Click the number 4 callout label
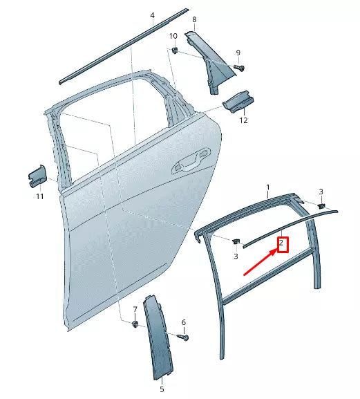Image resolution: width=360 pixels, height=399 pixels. coord(153,15)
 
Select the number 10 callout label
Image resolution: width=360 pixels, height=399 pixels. coord(173,36)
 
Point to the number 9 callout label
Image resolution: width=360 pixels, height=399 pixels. coord(238,53)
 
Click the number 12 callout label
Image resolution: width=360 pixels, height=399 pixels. coord(243,121)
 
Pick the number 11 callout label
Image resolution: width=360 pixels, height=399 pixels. coord(39,197)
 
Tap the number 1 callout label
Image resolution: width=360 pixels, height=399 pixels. coord(269,187)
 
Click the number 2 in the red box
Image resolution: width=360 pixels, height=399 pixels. coord(282,244)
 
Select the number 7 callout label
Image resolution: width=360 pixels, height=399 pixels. coord(135,308)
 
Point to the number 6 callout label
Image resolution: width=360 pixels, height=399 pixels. coord(184,322)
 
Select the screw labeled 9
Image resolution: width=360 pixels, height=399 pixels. coord(240,66)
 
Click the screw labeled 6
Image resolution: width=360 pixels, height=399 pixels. coord(184,337)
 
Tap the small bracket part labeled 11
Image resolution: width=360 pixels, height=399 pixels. coord(37,176)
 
